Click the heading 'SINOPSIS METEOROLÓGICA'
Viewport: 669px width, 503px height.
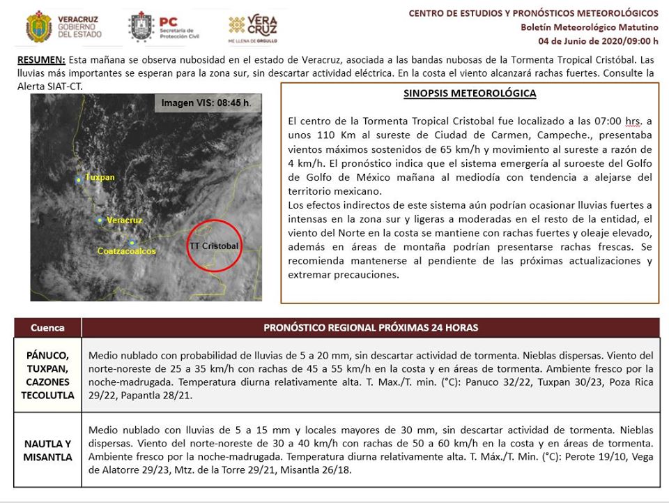(x=469, y=93)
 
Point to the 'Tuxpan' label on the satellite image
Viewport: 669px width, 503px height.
(x=100, y=177)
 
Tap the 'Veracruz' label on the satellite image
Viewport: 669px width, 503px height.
(x=125, y=220)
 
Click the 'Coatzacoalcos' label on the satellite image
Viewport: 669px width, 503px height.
(x=126, y=250)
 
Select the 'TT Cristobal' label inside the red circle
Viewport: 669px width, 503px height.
(x=214, y=246)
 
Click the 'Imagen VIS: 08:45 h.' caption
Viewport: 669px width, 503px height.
(x=206, y=103)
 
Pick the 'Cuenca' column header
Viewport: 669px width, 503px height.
(x=47, y=327)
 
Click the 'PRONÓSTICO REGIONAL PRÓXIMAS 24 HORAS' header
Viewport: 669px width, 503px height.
(x=370, y=327)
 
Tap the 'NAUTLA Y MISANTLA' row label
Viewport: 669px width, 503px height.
(x=47, y=451)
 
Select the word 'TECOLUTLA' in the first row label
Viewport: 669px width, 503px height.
(x=47, y=395)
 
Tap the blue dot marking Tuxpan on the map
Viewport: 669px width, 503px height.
(x=79, y=180)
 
